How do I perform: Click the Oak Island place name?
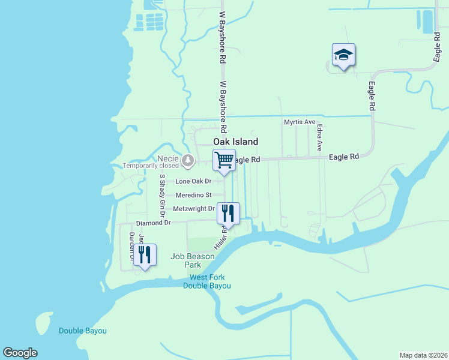236,142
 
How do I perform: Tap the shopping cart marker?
224,160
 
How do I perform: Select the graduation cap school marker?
343,55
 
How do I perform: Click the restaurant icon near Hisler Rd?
228,214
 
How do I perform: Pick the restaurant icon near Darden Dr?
145,254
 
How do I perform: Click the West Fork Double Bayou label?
207,281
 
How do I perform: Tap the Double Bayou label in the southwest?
83,331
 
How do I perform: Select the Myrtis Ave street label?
300,122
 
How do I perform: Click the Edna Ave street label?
320,137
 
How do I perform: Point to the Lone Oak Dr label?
193,181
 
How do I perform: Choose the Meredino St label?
193,195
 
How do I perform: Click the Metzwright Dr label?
193,209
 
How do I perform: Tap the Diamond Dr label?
154,223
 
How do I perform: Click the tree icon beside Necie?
188,160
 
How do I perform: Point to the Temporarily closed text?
151,166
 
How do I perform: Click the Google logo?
20,353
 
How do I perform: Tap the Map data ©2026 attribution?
424,355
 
